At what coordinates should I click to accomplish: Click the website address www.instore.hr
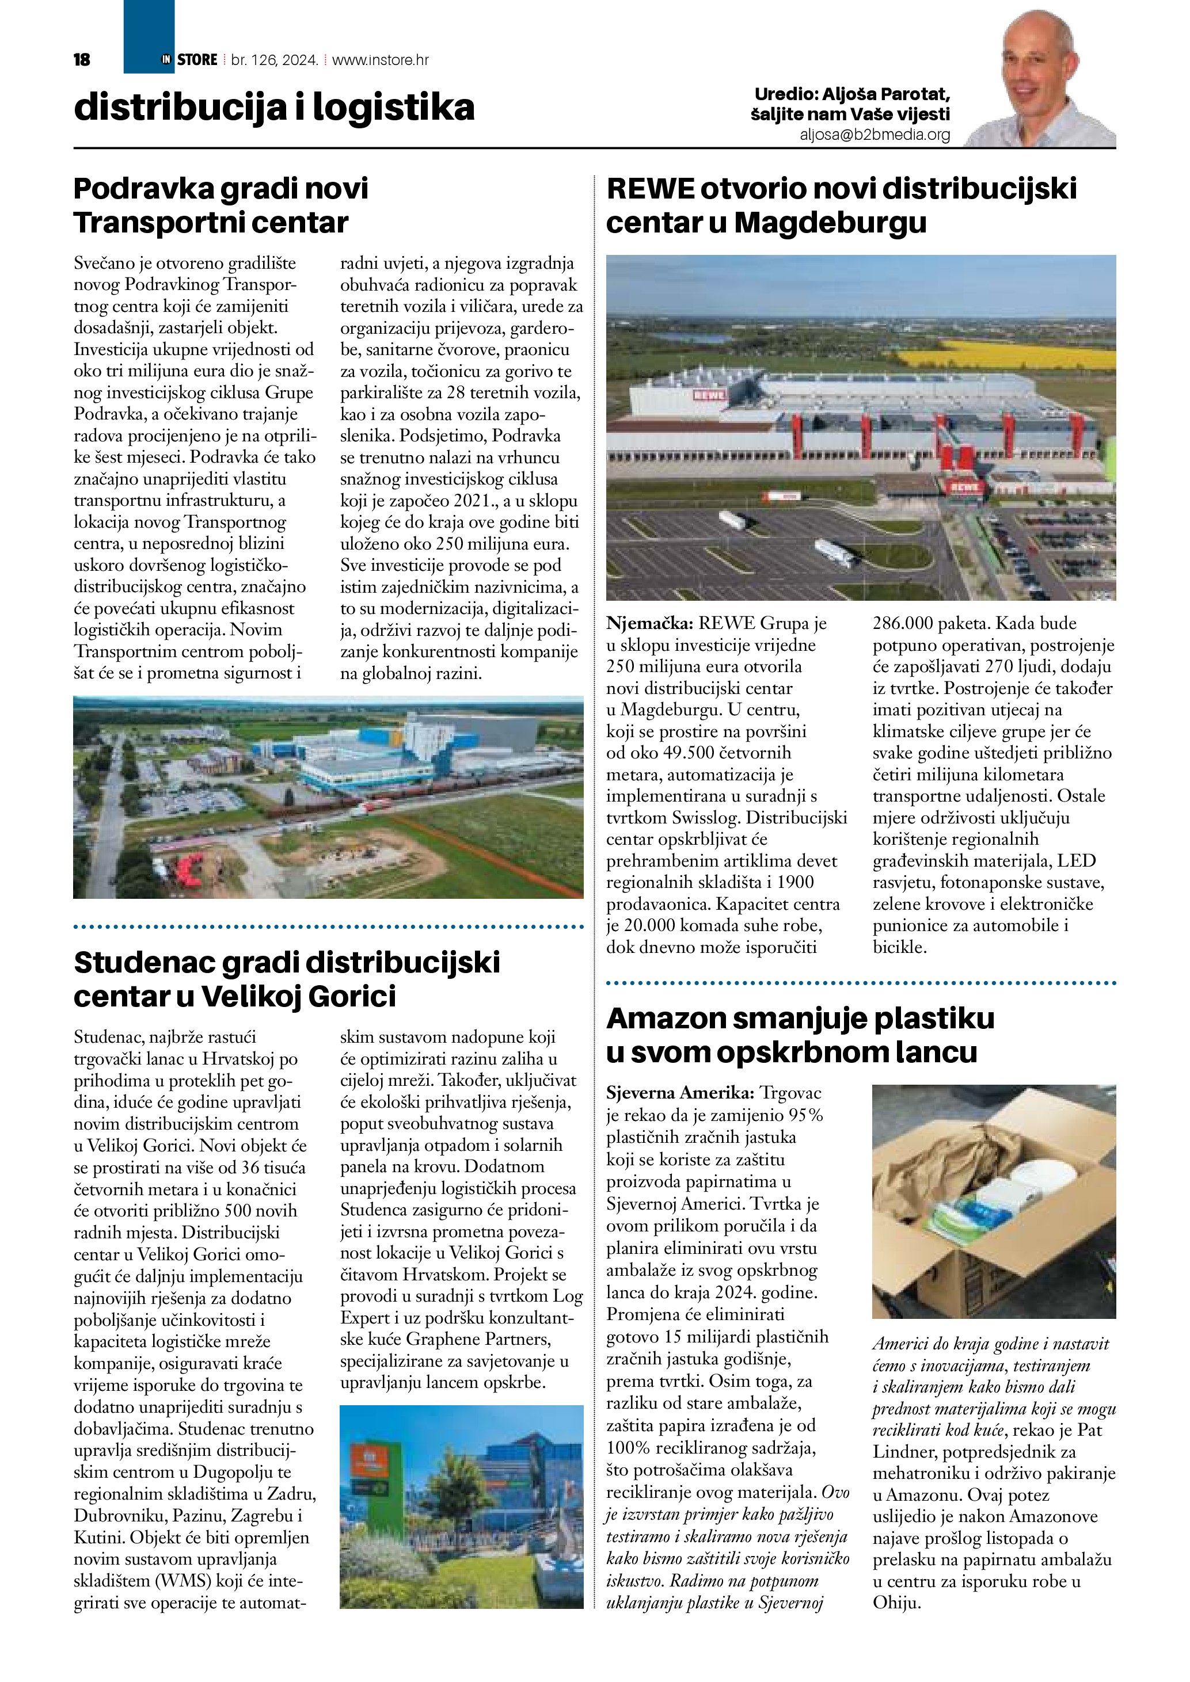click(381, 60)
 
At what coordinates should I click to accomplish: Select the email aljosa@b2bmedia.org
click(875, 135)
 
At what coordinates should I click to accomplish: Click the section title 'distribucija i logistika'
click(274, 108)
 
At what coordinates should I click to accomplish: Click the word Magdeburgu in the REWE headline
click(830, 223)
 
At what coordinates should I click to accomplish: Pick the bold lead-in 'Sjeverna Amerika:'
click(679, 1093)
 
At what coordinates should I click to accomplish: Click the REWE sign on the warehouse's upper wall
click(709, 395)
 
